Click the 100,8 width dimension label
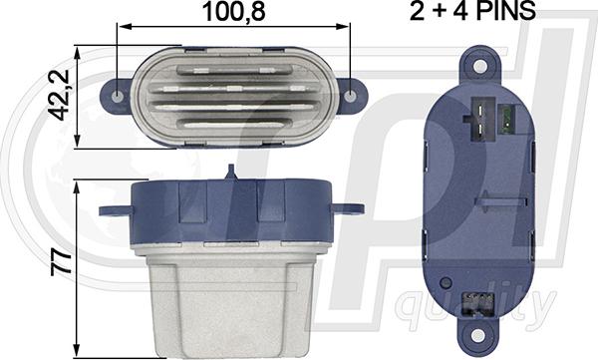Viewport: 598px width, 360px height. [x=233, y=11]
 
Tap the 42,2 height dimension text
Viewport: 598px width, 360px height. [x=59, y=95]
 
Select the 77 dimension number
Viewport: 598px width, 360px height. [x=61, y=261]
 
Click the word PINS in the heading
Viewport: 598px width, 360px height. [x=507, y=11]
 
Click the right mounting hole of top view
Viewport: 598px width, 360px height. [x=350, y=96]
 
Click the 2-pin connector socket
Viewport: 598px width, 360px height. [x=480, y=119]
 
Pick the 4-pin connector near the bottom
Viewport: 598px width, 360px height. [x=476, y=304]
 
